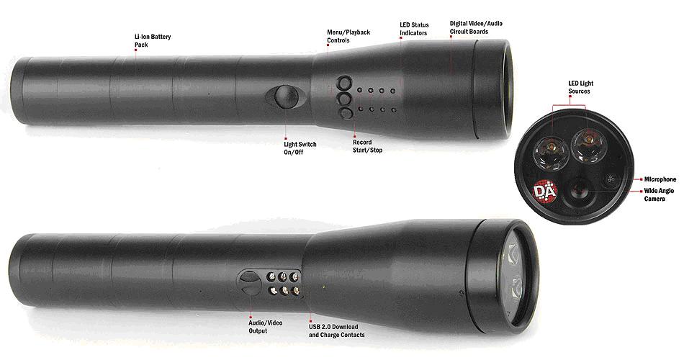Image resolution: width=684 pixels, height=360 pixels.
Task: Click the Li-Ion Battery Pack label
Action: tap(152, 40)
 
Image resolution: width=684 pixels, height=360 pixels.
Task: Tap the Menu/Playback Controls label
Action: tap(348, 36)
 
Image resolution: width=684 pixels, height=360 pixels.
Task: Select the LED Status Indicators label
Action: tap(414, 29)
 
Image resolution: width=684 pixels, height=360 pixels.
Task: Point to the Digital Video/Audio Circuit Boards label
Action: tap(476, 27)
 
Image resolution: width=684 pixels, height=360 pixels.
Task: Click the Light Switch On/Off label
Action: tap(300, 148)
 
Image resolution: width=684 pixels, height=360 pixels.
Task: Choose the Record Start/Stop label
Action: tap(367, 146)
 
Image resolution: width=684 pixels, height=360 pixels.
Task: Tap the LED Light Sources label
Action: tap(580, 87)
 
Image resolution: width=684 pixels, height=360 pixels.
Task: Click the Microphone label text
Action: tap(660, 179)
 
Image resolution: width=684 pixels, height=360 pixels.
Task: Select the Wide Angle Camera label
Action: tap(659, 194)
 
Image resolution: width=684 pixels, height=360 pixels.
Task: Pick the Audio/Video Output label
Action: tap(265, 327)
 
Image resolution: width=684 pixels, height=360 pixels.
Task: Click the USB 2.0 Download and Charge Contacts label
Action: tap(336, 330)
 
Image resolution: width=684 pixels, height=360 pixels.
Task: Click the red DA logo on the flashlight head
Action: tap(545, 191)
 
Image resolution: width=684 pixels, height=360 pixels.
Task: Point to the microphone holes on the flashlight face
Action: tap(611, 179)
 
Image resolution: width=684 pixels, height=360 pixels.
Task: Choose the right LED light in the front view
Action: tap(588, 145)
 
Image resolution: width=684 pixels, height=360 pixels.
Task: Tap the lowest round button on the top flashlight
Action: tap(345, 114)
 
